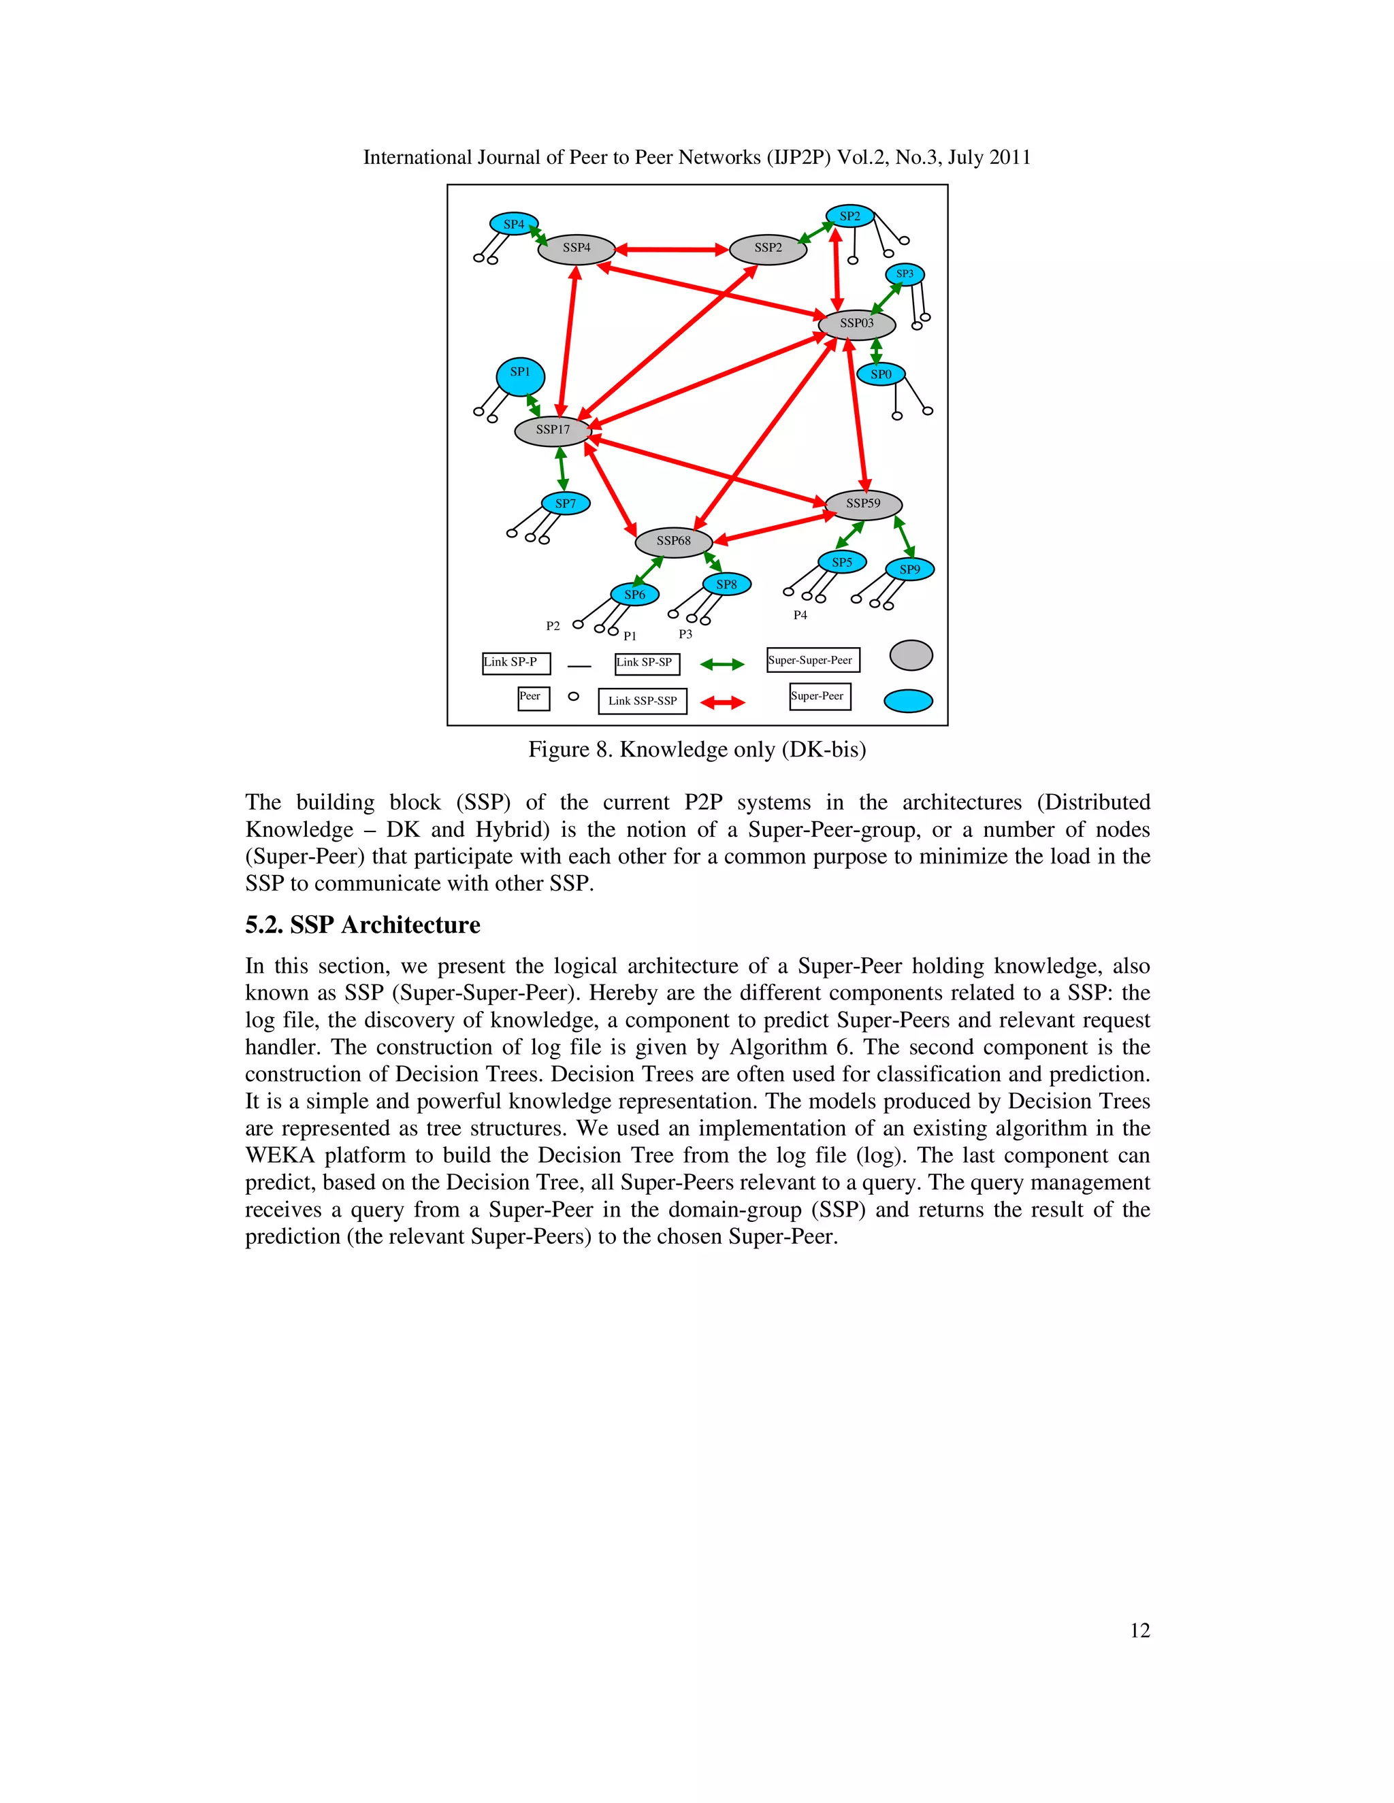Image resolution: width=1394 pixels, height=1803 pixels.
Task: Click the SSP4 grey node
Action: point(577,248)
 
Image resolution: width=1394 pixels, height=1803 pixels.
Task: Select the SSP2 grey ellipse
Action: point(768,248)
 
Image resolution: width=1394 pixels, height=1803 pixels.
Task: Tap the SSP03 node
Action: point(856,324)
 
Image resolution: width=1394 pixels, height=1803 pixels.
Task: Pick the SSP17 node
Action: point(553,430)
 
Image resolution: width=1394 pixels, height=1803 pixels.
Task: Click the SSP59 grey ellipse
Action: point(863,503)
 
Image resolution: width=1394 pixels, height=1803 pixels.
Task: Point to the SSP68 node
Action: point(673,542)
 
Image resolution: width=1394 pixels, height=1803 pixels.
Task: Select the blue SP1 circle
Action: point(520,376)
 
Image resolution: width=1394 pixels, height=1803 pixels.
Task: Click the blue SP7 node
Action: point(566,503)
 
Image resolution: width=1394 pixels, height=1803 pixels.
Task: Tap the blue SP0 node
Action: point(881,375)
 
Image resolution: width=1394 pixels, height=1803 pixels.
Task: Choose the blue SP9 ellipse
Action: point(909,569)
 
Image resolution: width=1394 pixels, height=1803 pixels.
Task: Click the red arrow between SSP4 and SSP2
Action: point(671,248)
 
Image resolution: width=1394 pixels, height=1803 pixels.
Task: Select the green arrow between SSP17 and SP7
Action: point(562,468)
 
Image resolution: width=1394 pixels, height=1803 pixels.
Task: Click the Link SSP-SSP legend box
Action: point(643,701)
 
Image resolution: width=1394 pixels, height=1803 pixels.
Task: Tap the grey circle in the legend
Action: point(911,655)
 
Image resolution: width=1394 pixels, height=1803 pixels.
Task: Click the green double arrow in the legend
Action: point(722,664)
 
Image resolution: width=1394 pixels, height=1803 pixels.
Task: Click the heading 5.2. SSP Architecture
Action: point(363,925)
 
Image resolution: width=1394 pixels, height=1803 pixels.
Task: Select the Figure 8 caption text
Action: point(697,750)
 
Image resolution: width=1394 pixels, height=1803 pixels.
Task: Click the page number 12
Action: point(1139,1630)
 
